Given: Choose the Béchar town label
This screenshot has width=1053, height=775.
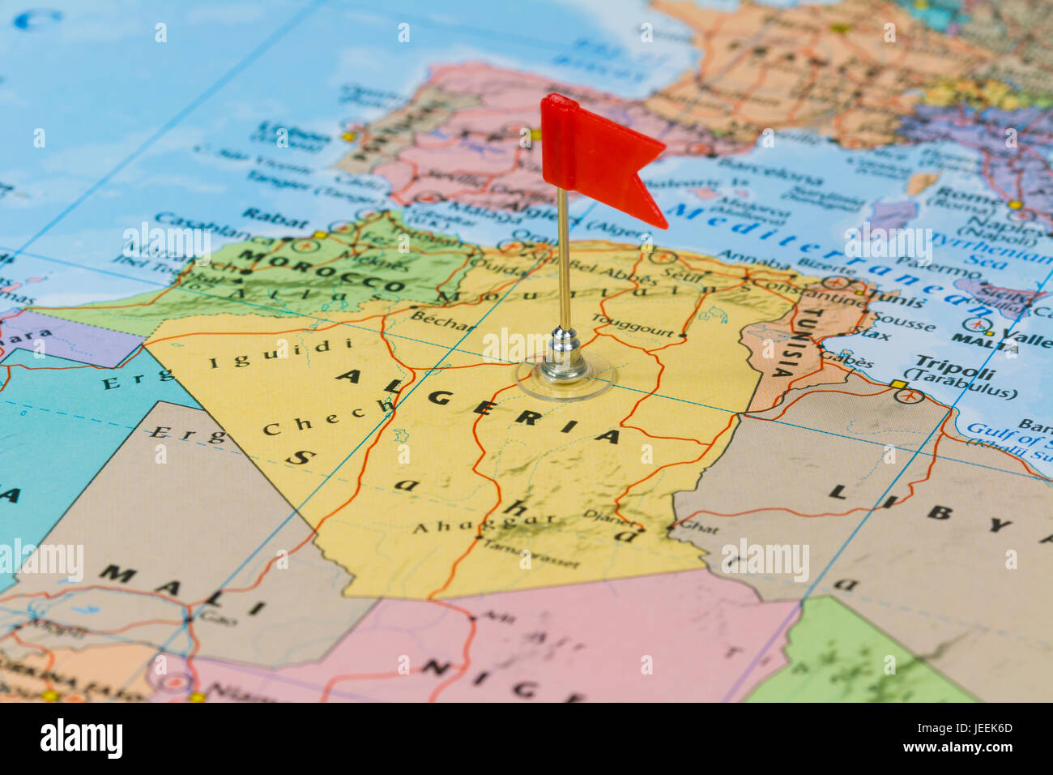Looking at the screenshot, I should click(442, 321).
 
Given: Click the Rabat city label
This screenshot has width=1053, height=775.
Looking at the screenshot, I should click(275, 217).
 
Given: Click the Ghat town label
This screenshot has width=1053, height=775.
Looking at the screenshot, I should click(698, 528).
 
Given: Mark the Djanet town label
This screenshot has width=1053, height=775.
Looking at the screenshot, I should click(600, 513).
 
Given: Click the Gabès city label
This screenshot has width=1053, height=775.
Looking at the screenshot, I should click(847, 360).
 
